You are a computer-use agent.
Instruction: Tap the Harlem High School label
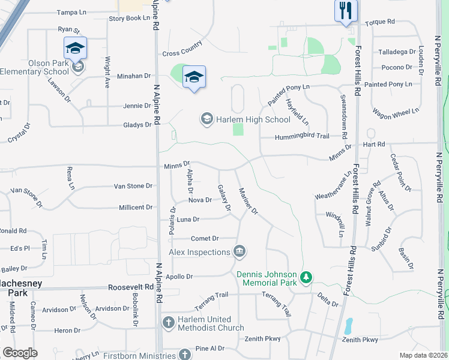(245, 119)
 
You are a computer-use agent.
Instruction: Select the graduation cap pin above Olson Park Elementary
(75, 47)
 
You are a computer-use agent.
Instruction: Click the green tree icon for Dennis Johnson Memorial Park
(306, 277)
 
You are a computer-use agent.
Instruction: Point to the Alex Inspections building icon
(240, 250)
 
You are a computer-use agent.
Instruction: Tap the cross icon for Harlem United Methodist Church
(168, 322)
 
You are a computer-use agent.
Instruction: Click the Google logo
(20, 353)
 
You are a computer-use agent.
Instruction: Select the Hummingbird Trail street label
(302, 137)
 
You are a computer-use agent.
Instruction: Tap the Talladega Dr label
(397, 52)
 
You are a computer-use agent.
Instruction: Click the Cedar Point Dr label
(400, 172)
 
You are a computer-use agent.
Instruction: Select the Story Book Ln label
(129, 19)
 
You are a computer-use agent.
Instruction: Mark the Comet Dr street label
(205, 238)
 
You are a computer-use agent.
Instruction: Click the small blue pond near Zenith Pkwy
(348, 326)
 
